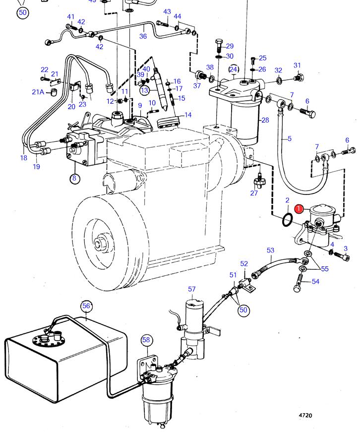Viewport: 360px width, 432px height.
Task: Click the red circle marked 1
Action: (x=299, y=209)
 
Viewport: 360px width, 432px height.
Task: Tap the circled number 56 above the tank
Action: (x=87, y=306)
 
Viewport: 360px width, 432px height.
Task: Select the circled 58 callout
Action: (x=146, y=340)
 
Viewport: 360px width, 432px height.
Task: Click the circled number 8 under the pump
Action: (x=74, y=179)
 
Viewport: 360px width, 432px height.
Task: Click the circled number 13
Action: (x=144, y=90)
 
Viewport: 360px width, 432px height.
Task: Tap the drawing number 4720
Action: (x=305, y=416)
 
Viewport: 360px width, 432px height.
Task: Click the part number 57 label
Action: (x=192, y=289)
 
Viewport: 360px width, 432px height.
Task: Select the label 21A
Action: (x=38, y=92)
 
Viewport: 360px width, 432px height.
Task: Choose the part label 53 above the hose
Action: (x=270, y=250)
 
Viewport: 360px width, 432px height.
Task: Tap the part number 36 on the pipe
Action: (x=143, y=36)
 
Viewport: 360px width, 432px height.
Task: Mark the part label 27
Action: (x=254, y=193)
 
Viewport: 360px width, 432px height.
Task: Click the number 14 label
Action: (x=188, y=115)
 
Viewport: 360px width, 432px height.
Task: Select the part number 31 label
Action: (x=297, y=65)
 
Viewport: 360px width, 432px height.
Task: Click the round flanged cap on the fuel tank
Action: (x=47, y=340)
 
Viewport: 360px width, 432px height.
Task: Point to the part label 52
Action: (x=244, y=263)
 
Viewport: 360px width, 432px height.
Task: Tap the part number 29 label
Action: (x=230, y=46)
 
